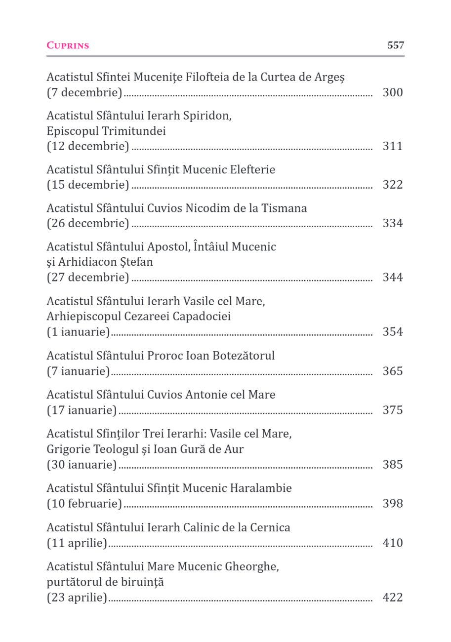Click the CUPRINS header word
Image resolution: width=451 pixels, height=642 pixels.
(x=68, y=46)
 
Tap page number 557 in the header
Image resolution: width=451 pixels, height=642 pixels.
(x=395, y=45)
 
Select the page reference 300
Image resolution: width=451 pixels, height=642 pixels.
(x=393, y=92)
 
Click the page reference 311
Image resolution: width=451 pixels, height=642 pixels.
(x=393, y=146)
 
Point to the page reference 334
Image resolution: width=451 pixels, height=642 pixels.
(x=393, y=223)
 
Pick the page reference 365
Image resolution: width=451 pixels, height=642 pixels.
(x=393, y=371)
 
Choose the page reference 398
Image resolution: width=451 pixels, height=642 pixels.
(x=393, y=504)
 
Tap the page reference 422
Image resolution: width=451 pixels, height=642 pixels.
(x=393, y=598)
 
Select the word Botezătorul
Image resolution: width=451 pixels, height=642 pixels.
(x=243, y=356)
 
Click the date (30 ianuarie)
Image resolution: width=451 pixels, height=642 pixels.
(x=82, y=465)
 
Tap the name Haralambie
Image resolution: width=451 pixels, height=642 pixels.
(x=261, y=488)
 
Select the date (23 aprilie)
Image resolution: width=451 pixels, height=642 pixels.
(x=77, y=598)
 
